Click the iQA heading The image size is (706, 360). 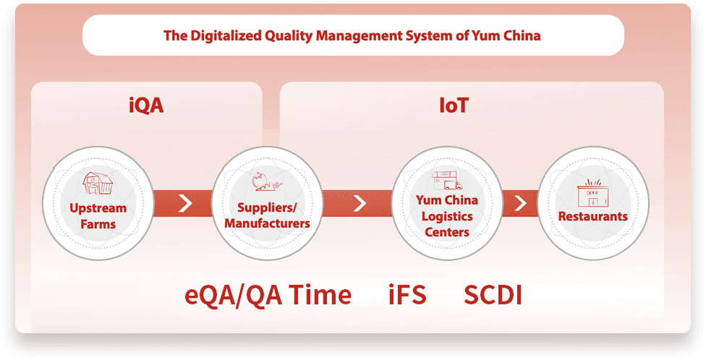pyautogui.click(x=146, y=106)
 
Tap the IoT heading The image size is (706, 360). pyautogui.click(x=454, y=106)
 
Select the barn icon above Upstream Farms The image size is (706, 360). pyautogui.click(x=97, y=183)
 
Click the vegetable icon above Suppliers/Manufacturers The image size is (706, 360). pyautogui.click(x=266, y=181)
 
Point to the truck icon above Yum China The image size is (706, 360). pyautogui.click(x=446, y=181)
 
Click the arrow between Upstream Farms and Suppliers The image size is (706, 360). pyautogui.click(x=185, y=203)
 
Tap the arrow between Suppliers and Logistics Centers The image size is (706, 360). pyautogui.click(x=360, y=203)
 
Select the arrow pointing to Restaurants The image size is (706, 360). pyautogui.click(x=520, y=203)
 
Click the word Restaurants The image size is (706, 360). pyautogui.click(x=593, y=216)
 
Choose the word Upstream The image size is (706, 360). pyautogui.click(x=98, y=209)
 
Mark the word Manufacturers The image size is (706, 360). pyautogui.click(x=267, y=223)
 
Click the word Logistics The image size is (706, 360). pyautogui.click(x=447, y=216)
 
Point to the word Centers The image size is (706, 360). pyautogui.click(x=447, y=232)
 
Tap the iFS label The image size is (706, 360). pyautogui.click(x=407, y=295)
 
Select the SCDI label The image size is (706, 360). pyautogui.click(x=493, y=295)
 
